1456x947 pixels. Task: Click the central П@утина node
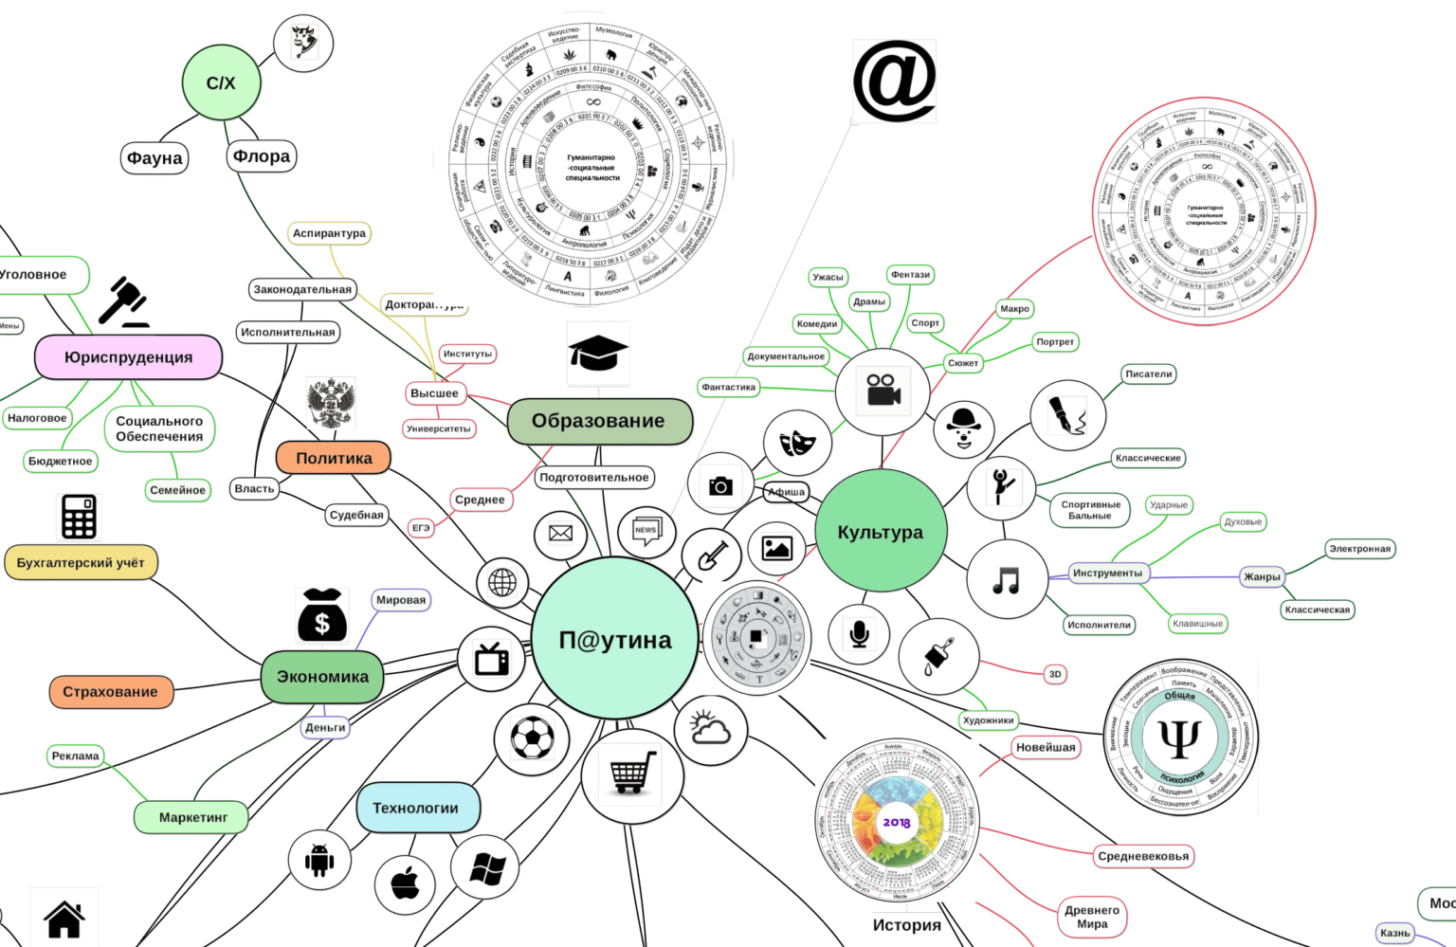pos(614,640)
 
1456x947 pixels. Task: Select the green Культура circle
pos(881,532)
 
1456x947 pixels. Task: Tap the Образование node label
pos(599,421)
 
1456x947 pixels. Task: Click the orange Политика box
pos(334,458)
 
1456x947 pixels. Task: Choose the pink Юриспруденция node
pos(128,357)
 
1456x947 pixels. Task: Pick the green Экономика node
pos(322,677)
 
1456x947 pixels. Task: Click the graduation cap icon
pos(598,354)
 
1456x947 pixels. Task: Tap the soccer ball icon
pos(532,738)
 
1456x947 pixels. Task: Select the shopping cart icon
pos(632,773)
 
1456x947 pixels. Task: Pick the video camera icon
pos(883,389)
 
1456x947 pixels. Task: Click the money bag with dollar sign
pos(322,616)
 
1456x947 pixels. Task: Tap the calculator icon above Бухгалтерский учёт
pos(79,517)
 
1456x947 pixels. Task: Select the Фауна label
pos(155,157)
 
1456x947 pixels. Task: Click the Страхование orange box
pos(110,692)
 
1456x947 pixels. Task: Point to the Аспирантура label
pos(329,233)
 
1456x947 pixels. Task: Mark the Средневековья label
pos(1143,856)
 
